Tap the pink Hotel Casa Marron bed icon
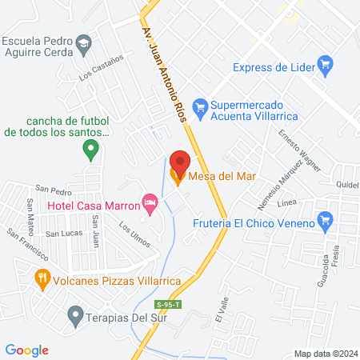pyautogui.click(x=149, y=201)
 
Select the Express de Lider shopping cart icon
pyautogui.click(x=325, y=63)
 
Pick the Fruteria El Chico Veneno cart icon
pyautogui.click(x=325, y=219)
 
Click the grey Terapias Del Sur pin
pyautogui.click(x=75, y=314)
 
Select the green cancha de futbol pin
pyautogui.click(x=91, y=148)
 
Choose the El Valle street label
pyautogui.click(x=221, y=308)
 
